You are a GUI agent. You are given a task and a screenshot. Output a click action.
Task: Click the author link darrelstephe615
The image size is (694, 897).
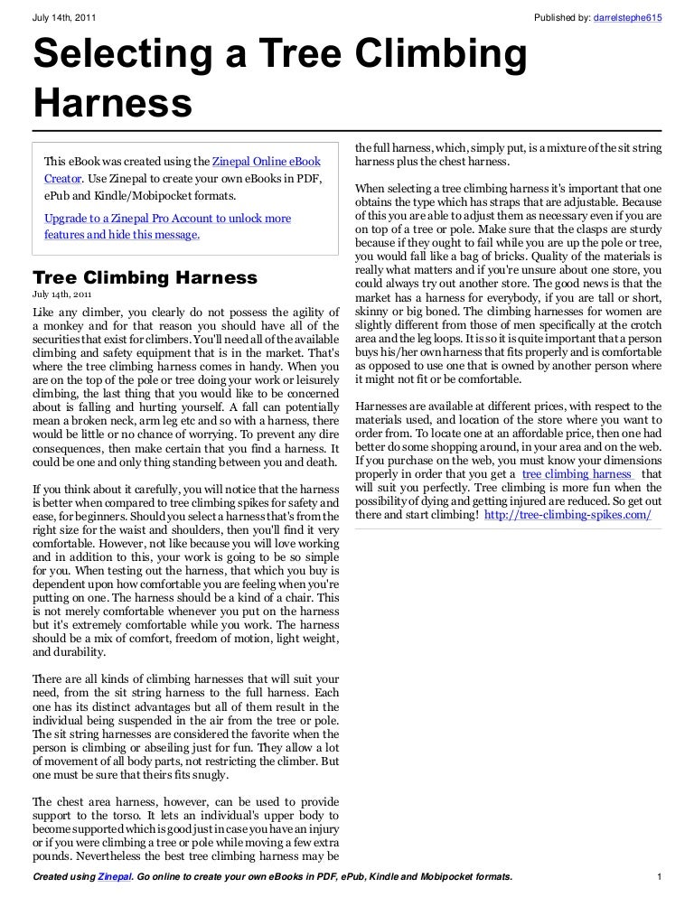[628, 18]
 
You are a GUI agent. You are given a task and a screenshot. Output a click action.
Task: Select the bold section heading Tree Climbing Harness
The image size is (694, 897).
[145, 277]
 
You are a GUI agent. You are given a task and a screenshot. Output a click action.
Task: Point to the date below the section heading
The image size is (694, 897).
[61, 294]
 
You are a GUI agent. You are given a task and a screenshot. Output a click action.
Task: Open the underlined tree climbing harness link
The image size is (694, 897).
[577, 473]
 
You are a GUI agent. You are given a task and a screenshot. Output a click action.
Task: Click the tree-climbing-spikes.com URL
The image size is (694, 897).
[567, 514]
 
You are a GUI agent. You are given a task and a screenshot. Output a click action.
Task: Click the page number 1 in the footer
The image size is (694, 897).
[661, 877]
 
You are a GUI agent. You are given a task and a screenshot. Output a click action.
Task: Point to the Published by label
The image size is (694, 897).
[562, 18]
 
